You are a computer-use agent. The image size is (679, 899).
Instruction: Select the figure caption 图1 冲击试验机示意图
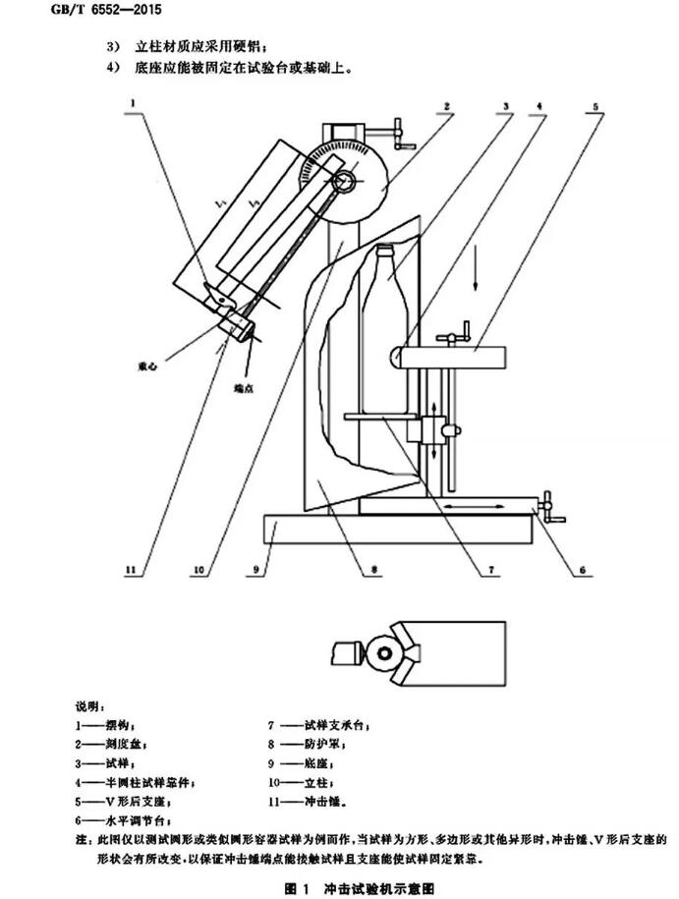coord(359,887)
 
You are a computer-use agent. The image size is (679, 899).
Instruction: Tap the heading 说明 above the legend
coord(94,706)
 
